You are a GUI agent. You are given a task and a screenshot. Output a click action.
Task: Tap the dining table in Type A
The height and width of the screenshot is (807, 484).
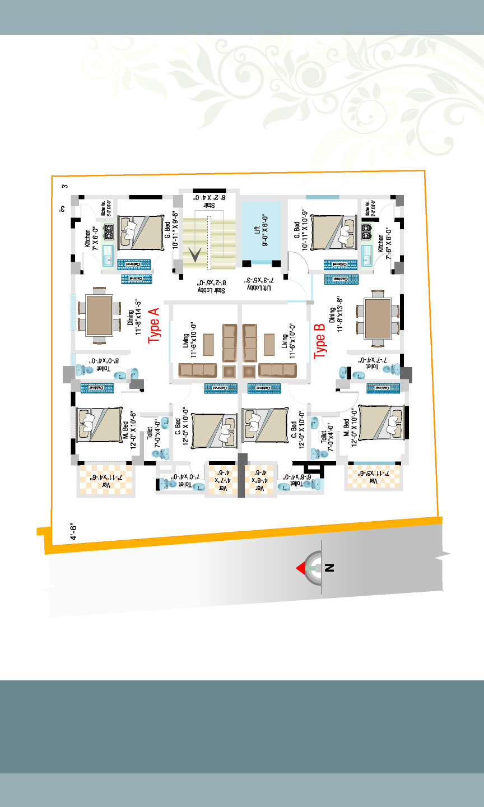pyautogui.click(x=98, y=316)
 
